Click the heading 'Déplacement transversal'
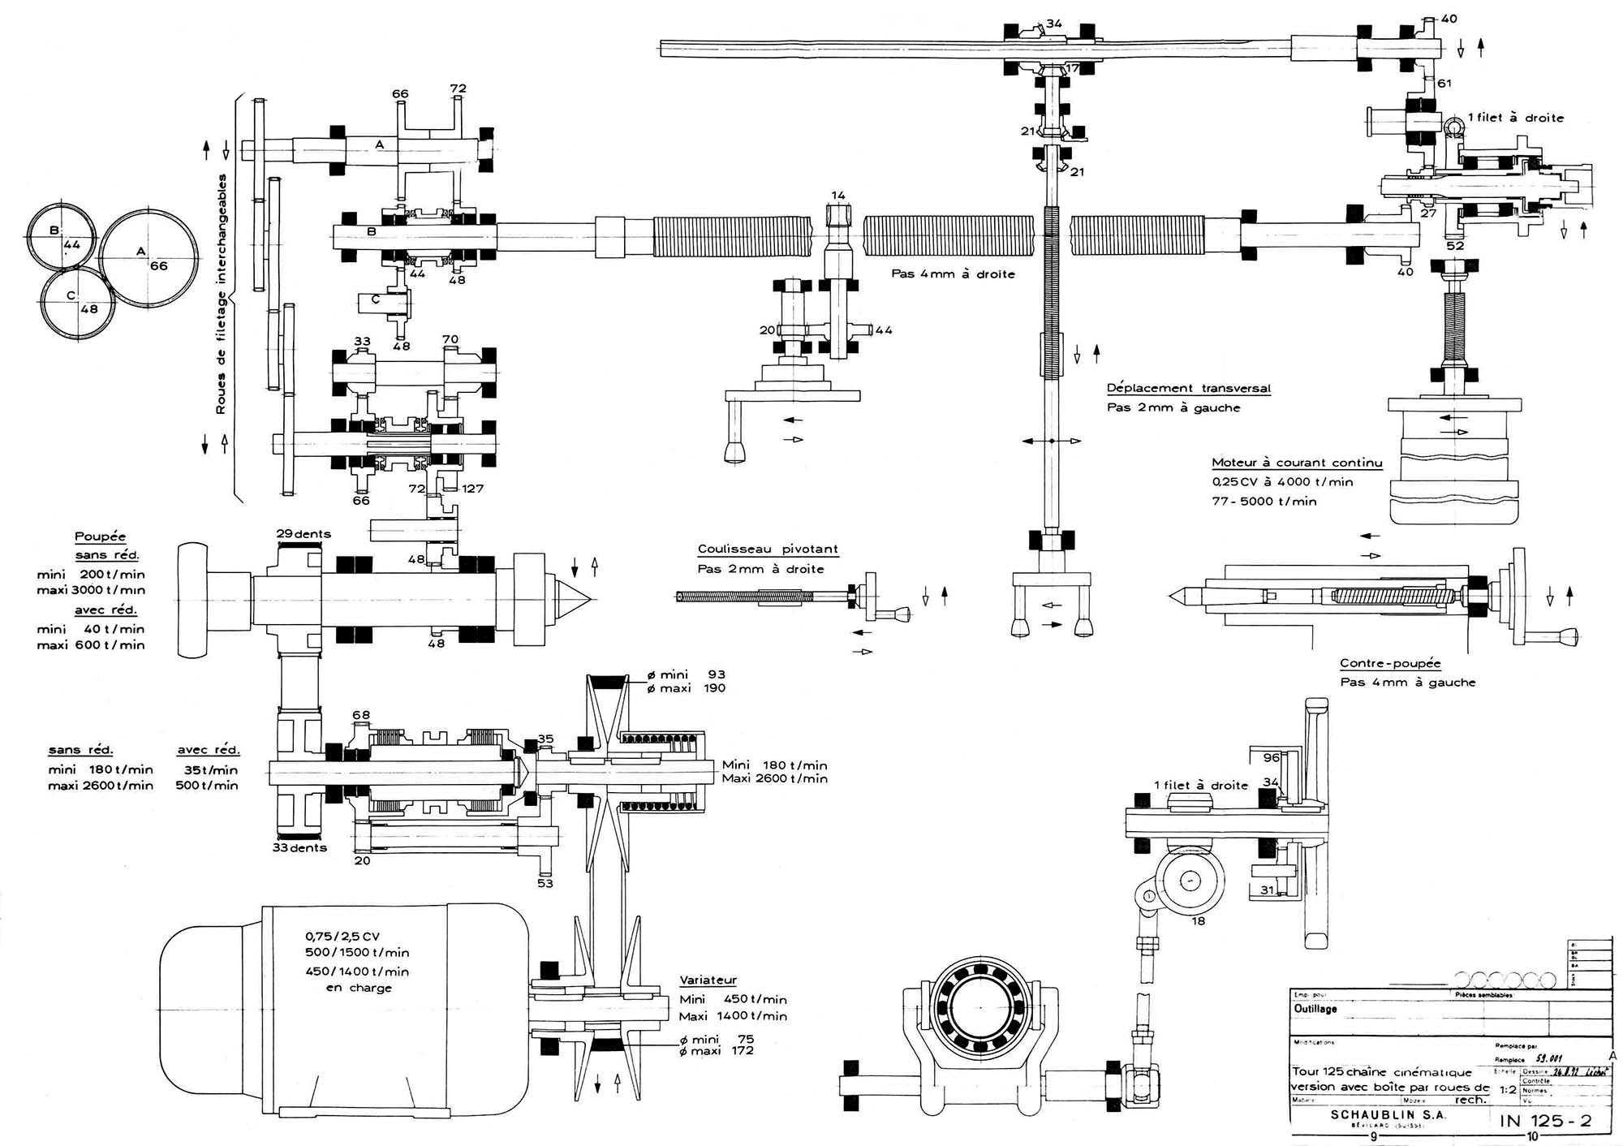tap(1189, 388)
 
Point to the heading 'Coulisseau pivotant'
tap(768, 549)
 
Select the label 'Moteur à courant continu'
tap(1297, 463)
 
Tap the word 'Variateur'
tap(708, 980)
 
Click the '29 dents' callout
tap(304, 534)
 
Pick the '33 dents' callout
tap(299, 848)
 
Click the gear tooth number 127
tap(472, 489)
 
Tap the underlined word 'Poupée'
tap(101, 536)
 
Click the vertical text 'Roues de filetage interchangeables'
tap(221, 294)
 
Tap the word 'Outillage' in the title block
tap(1315, 1009)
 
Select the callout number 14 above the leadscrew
tap(838, 196)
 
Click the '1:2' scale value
tap(1508, 1090)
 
